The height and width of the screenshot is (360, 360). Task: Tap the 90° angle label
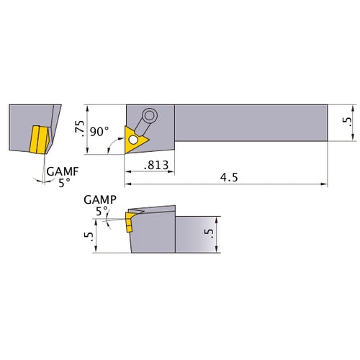click(x=99, y=131)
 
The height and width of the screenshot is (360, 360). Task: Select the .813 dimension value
click(x=156, y=165)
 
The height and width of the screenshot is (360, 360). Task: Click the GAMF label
click(x=60, y=172)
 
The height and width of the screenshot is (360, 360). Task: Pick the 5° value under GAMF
click(x=65, y=183)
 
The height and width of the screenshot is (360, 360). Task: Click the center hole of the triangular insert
click(x=133, y=139)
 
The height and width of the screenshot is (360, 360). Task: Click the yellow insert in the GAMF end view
click(x=37, y=140)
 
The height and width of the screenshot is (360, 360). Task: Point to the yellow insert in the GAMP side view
click(x=130, y=220)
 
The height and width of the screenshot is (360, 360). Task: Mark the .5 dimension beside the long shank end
click(x=348, y=123)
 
